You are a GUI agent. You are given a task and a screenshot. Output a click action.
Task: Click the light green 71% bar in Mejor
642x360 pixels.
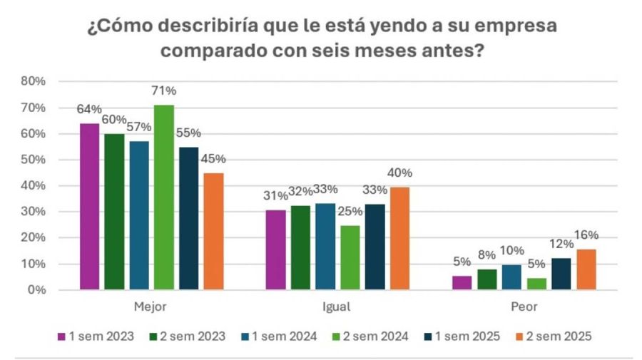coord(164,197)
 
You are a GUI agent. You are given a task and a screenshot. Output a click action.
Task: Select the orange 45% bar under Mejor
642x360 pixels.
coord(213,232)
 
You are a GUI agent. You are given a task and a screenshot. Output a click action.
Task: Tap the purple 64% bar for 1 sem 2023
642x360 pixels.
coord(90,207)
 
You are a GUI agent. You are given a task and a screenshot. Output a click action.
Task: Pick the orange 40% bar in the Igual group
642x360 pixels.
coord(399,239)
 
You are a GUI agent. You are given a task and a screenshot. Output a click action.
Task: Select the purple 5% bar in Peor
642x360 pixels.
coord(462,282)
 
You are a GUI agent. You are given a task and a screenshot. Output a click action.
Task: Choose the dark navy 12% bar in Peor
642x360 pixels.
coord(561,274)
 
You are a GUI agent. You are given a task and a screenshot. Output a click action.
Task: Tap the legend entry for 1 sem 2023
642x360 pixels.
coord(96,336)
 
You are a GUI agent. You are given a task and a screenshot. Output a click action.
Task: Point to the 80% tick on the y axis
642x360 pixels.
coord(33,81)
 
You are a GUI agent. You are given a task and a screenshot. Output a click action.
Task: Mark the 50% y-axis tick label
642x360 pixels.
coord(33,160)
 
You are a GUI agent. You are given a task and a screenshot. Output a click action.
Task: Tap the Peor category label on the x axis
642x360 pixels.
coord(524,308)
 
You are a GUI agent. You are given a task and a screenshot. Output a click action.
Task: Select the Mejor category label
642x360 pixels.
coord(151,308)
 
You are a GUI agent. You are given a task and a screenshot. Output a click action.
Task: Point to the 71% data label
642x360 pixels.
coord(164,91)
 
